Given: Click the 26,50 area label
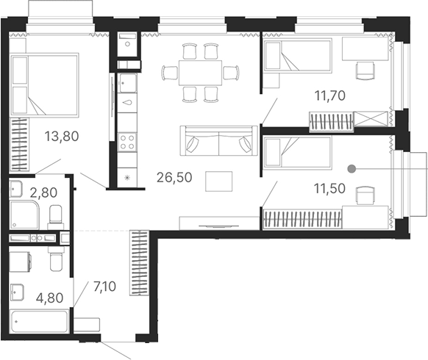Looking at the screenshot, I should pyautogui.click(x=176, y=176).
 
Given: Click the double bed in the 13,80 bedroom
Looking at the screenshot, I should pyautogui.click(x=46, y=84).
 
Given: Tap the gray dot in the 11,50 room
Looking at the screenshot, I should pyautogui.click(x=352, y=168).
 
